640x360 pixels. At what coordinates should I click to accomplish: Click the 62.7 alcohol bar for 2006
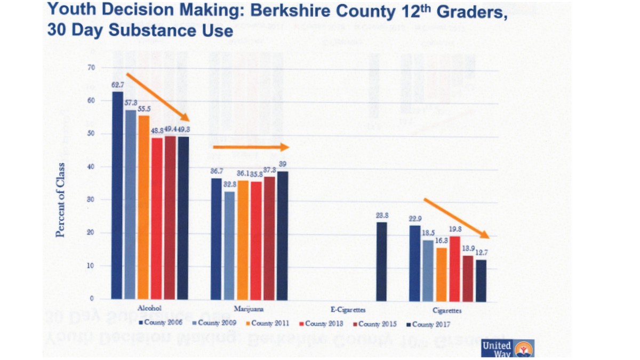pos(117,195)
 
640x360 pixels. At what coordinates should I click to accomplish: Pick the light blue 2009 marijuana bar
pos(229,245)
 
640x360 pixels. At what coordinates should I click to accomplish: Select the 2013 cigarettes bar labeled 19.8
pos(454,268)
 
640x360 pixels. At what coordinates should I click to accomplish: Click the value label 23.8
pos(382,217)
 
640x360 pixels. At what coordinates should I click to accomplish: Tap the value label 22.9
pos(415,219)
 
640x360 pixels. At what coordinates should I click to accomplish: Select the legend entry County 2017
pos(430,323)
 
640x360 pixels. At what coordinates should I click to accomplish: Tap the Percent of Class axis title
pos(61,199)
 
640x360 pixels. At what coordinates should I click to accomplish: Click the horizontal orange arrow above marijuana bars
pos(250,147)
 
